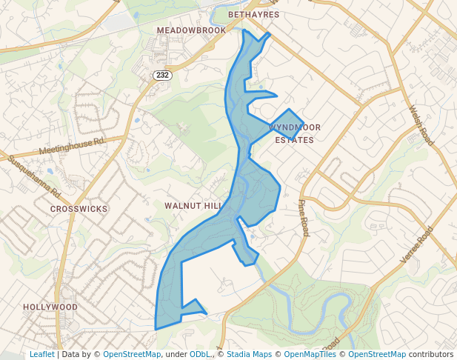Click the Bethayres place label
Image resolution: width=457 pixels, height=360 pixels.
253,14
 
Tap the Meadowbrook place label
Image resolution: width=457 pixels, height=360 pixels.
191,30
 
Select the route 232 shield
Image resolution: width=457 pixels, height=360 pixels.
162,76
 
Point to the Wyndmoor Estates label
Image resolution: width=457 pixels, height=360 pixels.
294,133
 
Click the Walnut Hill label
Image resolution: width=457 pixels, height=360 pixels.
193,205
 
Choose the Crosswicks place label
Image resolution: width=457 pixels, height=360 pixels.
79,209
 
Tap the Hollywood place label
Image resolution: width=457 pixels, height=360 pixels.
50,307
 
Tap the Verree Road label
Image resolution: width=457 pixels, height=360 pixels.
416,245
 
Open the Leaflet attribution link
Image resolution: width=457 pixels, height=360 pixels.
41,354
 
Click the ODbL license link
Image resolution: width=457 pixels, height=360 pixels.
199,354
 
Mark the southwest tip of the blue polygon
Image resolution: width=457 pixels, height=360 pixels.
156,329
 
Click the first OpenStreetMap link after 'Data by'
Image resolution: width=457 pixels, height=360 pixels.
131,354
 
